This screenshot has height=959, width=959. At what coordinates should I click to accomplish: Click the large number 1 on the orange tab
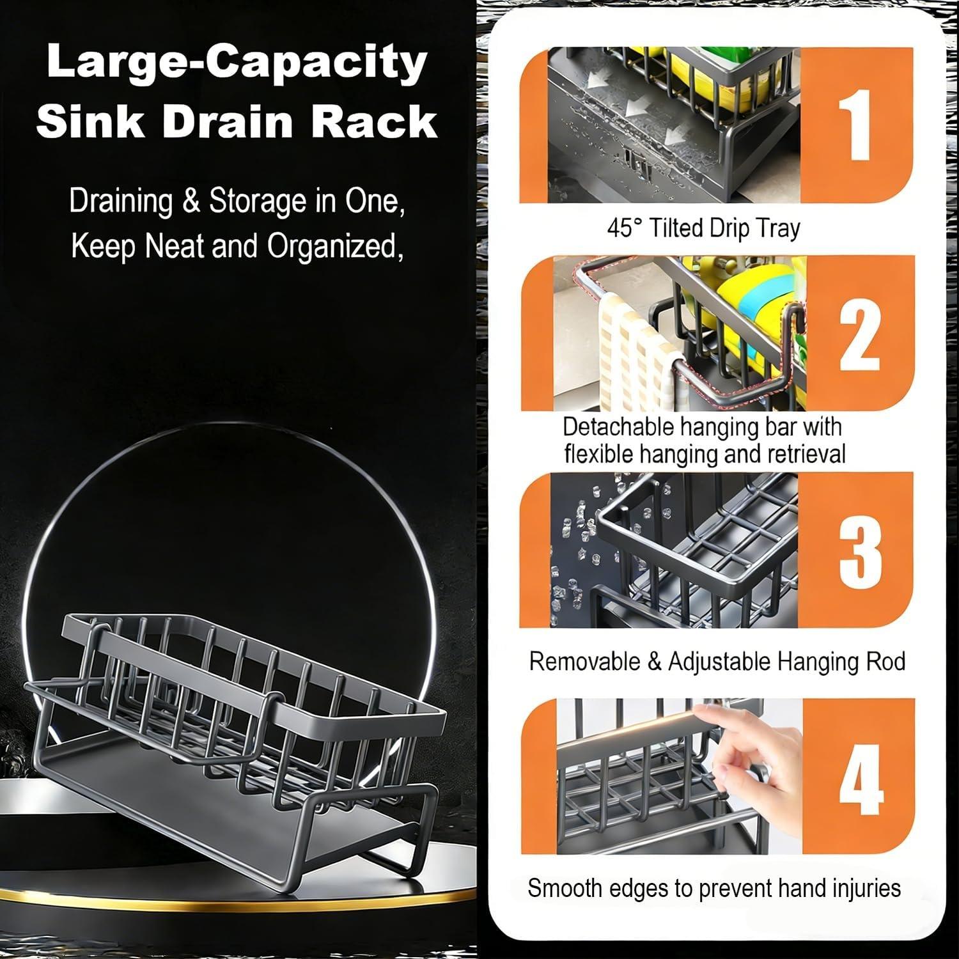point(855,125)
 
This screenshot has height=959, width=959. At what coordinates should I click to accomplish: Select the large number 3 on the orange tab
point(861,550)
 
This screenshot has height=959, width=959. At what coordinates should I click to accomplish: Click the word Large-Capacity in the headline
point(237,63)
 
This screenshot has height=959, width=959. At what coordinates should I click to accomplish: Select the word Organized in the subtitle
point(332,246)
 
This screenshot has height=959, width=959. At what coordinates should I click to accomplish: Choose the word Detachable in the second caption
point(618,426)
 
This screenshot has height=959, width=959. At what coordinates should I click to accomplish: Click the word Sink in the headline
point(90,121)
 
